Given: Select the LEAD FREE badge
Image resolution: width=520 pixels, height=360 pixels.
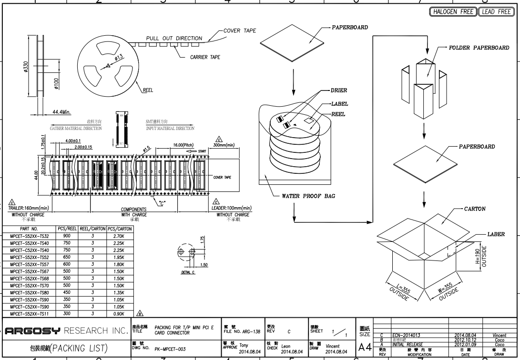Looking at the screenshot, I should coord(497,12).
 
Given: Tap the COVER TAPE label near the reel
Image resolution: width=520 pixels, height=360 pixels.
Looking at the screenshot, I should coord(240,31).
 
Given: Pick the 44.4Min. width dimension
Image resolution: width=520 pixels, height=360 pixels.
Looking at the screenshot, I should coord(61,112).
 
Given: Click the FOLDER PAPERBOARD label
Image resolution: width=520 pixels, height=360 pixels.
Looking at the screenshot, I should coord(479,48).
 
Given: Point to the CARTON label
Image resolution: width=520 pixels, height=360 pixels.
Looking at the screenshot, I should coord(475,209).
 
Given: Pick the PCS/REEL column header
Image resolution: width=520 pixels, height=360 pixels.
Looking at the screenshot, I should coord(67,229).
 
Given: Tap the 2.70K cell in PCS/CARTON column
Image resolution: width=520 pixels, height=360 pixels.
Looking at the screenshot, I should coord(119,236).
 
